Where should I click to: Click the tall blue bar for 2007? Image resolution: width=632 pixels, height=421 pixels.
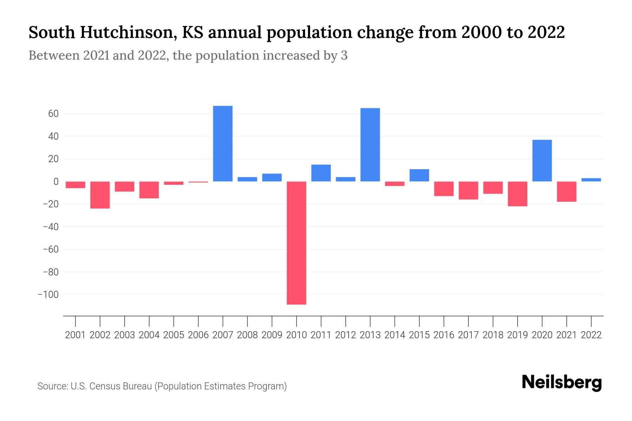[x=223, y=143]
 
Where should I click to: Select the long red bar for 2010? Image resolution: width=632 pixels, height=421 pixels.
[x=296, y=243]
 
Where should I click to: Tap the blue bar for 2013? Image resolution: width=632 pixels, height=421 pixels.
[x=370, y=145]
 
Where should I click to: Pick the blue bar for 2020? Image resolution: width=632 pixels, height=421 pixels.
[x=542, y=160]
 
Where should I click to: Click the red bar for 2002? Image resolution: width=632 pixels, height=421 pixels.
[x=100, y=195]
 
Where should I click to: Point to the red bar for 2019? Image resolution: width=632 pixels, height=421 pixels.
[x=517, y=194]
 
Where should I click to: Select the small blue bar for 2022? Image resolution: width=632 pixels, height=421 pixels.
[x=591, y=180]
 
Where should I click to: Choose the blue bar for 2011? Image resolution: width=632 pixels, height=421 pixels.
[x=321, y=173]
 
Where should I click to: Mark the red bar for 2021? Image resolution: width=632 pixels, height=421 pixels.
[x=566, y=192]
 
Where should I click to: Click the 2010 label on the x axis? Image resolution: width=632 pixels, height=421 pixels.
[x=296, y=335]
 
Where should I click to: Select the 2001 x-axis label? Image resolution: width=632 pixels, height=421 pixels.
[x=75, y=335]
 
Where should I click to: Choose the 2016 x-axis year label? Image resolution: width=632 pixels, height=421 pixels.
[x=444, y=335]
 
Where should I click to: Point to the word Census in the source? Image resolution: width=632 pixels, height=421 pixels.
[x=104, y=386]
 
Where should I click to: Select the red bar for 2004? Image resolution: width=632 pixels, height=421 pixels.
[x=149, y=190]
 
